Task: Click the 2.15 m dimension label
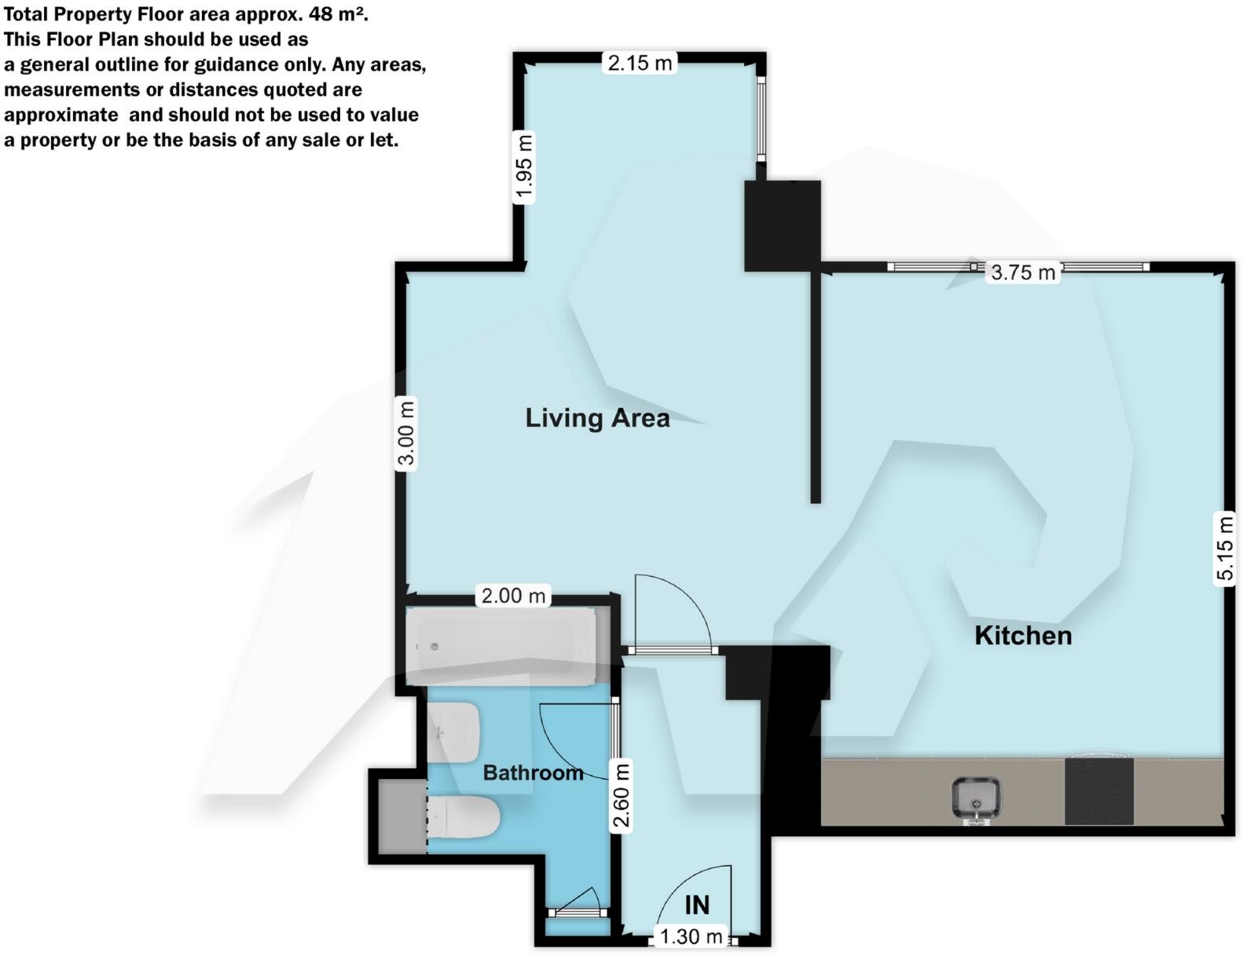click(x=640, y=63)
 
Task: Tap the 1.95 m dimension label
click(x=524, y=167)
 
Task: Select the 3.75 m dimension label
click(x=1022, y=273)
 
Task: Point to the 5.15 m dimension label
click(x=1224, y=548)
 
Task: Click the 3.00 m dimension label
click(x=405, y=434)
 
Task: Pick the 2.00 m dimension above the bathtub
click(x=513, y=596)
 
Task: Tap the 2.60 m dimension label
click(x=621, y=795)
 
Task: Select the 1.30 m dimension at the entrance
click(x=691, y=937)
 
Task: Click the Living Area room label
click(x=597, y=418)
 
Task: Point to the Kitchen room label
click(x=1023, y=635)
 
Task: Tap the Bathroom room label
click(x=533, y=773)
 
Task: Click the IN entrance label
click(x=697, y=905)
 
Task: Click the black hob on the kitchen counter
click(x=1098, y=791)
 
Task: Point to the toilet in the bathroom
click(x=464, y=817)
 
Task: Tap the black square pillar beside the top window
click(x=782, y=226)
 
